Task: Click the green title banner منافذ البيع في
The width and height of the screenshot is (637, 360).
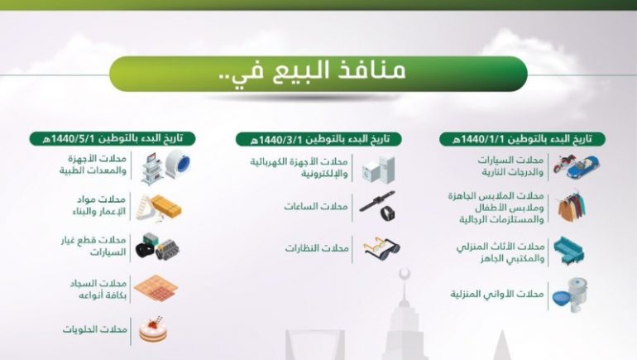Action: tap(318, 74)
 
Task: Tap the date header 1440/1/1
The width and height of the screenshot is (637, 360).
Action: tap(522, 139)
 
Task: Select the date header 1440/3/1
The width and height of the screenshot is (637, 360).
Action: tap(318, 139)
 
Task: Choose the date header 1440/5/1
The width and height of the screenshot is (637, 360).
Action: tap(113, 138)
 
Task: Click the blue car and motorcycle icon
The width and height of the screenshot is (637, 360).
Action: tap(576, 166)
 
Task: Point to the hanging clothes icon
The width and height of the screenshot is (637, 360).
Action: tap(572, 206)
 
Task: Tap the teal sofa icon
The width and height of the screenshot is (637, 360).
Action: tap(569, 251)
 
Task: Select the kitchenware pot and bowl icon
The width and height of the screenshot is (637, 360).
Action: tap(570, 295)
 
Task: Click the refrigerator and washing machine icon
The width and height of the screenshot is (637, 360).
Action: tap(378, 170)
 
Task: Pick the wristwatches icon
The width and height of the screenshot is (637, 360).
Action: tap(378, 206)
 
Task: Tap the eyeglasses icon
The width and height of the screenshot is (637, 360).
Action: tap(381, 248)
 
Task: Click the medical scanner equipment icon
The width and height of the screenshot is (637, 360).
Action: tap(166, 166)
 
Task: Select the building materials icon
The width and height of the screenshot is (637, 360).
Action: tap(159, 207)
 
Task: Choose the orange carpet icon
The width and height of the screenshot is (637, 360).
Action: tap(156, 288)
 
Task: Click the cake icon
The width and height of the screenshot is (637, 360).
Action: tap(153, 329)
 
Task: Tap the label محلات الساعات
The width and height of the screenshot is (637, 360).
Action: tap(316, 206)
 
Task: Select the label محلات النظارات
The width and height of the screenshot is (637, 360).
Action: tap(317, 247)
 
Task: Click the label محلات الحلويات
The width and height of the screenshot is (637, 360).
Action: tap(95, 329)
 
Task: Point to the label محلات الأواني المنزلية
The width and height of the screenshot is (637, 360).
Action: tap(497, 294)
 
